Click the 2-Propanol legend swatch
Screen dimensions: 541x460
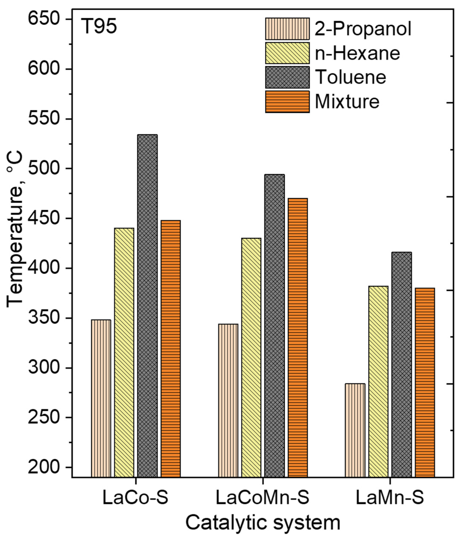coord(287,29)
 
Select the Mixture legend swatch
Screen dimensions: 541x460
coord(287,102)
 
